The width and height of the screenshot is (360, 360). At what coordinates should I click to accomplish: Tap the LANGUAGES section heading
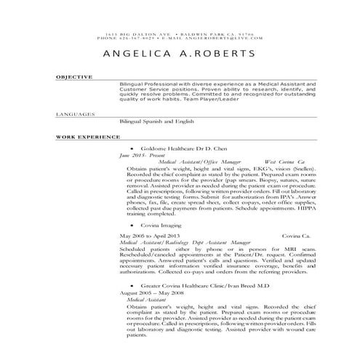[76, 113]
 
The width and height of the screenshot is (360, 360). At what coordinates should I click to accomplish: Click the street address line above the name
[179, 34]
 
